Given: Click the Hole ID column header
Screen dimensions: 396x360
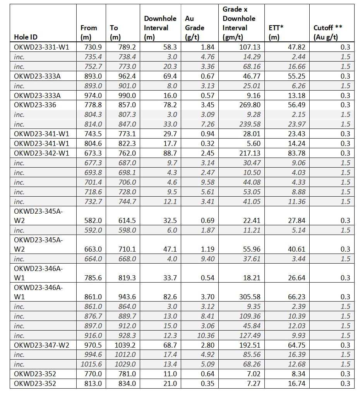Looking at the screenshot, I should tap(26, 37).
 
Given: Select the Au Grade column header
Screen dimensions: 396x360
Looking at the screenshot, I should tap(194, 28).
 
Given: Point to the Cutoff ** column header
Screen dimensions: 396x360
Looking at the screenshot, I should tap(328, 33).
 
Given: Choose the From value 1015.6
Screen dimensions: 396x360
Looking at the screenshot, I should tap(91, 364).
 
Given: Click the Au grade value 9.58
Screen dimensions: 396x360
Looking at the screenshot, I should tap(207, 182).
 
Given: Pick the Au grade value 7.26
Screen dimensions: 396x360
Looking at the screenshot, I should tap(207, 124).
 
